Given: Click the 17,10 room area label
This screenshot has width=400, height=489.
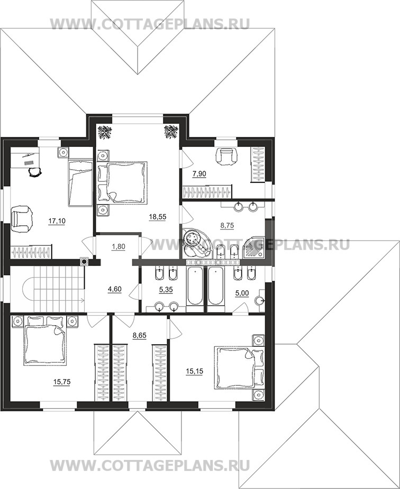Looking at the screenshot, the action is point(57,222).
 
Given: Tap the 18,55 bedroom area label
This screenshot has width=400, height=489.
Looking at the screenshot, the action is point(158,217).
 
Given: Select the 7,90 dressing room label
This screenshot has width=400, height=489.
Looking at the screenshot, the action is point(199,174).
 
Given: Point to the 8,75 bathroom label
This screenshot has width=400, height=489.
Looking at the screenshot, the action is point(227,226).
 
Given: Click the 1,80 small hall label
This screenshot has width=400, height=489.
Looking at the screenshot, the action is point(119,247).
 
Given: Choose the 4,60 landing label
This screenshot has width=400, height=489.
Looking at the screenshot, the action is point(114,289).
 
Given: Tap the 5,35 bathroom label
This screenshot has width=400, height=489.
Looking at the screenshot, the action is point(166,290).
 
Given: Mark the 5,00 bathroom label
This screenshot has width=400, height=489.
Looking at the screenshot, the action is point(242,293).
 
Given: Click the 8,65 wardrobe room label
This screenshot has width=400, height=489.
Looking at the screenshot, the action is point(140,336).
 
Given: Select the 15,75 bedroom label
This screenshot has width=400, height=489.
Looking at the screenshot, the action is point(62,382).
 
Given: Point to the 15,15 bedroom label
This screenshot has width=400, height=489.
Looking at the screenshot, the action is point(194,372).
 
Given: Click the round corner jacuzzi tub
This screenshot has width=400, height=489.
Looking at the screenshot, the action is point(197,244).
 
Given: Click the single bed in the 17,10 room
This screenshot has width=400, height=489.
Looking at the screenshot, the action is point(80,183).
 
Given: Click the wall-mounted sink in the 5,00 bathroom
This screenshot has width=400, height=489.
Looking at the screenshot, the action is point(260,301).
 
